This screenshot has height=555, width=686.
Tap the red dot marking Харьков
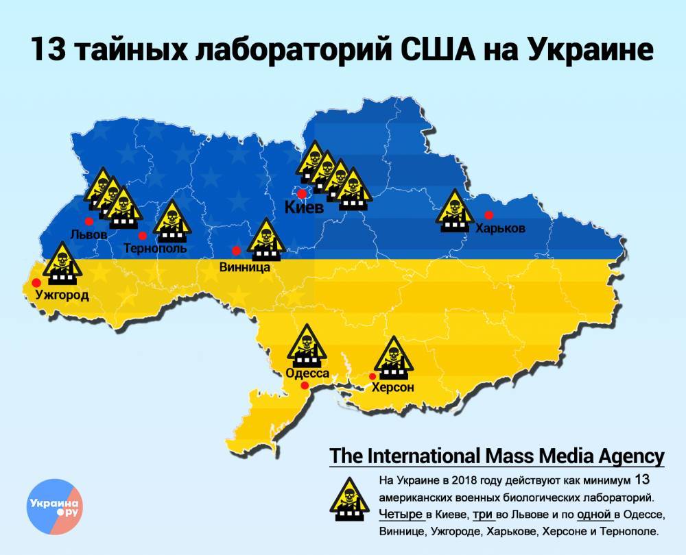[489, 214]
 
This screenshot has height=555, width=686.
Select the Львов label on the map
[88, 234]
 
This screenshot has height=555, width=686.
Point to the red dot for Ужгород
[36, 282]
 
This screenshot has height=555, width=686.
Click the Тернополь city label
[155, 249]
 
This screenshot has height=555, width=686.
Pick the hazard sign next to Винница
[265, 241]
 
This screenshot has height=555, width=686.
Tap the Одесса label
[307, 373]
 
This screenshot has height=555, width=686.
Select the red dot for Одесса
[305, 386]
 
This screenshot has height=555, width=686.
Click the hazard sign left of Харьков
[453, 212]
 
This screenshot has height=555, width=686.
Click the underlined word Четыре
[400, 514]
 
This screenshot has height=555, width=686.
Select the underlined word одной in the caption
[594, 514]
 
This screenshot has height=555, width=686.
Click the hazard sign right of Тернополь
[169, 221]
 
